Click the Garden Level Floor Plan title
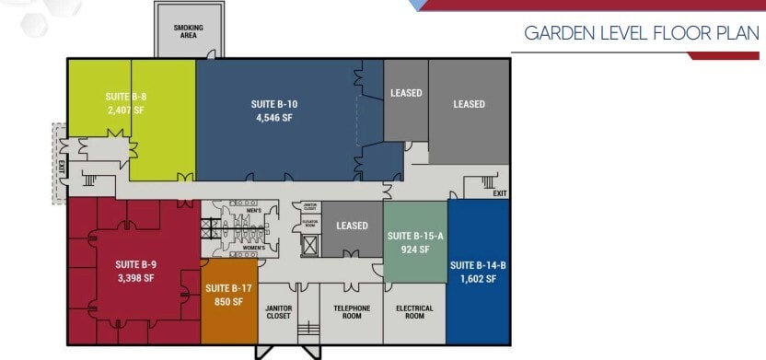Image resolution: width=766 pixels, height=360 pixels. click(641, 34)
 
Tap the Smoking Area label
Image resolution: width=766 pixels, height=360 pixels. click(188, 31)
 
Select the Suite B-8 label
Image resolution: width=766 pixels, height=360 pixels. click(124, 95)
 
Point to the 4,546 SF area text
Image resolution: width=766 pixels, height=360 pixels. click(273, 118)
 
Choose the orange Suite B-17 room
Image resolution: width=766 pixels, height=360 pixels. click(229, 295)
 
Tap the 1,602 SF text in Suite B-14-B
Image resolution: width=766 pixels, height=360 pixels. click(478, 279)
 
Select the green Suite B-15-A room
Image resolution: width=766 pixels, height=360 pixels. click(415, 242)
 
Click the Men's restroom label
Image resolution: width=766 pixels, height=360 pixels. click(254, 212)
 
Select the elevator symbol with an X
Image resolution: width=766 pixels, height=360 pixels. click(310, 246)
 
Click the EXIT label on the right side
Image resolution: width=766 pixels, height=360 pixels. click(499, 193)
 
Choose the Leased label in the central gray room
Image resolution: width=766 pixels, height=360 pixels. click(352, 226)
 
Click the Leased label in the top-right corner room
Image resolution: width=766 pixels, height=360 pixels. click(469, 104)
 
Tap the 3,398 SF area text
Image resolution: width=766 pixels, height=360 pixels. click(135, 274)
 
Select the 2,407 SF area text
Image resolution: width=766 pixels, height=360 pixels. click(124, 109)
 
